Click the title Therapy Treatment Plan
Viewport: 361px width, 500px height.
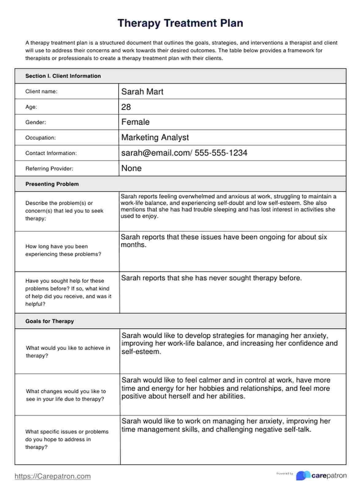[180, 23]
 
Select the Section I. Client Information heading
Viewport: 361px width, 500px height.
[63, 76]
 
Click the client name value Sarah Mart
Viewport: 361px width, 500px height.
[142, 92]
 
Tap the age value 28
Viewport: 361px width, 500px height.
[126, 107]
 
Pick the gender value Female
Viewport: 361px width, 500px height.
[135, 122]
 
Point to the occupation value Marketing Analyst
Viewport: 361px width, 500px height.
[155, 137]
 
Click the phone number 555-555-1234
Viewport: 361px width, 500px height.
[221, 153]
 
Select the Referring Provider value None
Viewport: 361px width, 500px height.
[131, 168]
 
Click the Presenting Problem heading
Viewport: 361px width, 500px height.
[52, 184]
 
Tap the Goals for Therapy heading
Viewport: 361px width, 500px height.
[49, 321]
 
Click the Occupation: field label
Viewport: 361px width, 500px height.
[41, 138]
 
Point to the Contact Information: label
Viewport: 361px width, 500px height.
[51, 153]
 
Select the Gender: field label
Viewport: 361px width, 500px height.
[36, 122]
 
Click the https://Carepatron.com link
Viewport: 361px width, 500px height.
[53, 476]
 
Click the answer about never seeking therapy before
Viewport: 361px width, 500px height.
[212, 278]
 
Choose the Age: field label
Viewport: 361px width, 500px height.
[31, 107]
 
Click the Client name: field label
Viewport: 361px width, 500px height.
[41, 91]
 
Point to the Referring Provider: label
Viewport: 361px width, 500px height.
[49, 168]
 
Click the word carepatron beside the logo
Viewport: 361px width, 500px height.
[329, 476]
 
